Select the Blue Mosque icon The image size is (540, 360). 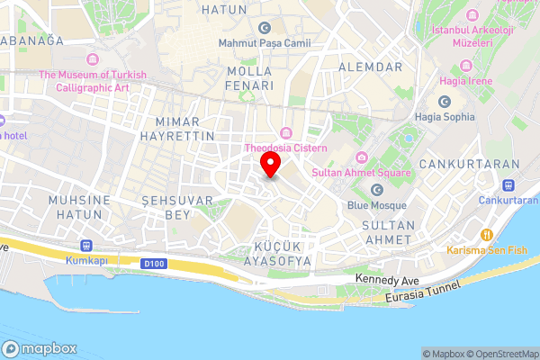tap(377, 189)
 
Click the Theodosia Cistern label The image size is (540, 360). tap(285, 148)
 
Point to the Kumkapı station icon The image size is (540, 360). tap(86, 245)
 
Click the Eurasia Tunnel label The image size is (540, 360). tap(422, 290)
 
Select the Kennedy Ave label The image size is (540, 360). tap(384, 279)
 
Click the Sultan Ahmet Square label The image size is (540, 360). tap(361, 172)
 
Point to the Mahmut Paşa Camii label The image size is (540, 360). tap(262, 42)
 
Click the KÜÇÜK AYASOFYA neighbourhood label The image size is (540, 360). tap(277, 253)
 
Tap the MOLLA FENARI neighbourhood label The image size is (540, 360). tap(251, 78)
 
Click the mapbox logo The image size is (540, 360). tap(40, 348)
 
